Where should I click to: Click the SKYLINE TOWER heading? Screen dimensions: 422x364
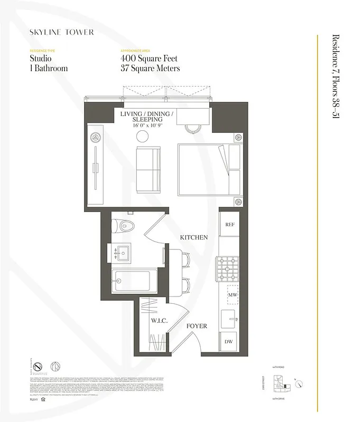pos(62,32)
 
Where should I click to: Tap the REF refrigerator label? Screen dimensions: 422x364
pos(230,224)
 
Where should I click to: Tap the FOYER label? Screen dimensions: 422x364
pos(197,326)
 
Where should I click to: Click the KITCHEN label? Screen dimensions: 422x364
pos(193,238)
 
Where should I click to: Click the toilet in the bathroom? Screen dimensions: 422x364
pos(124,226)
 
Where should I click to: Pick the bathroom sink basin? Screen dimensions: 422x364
pos(125,252)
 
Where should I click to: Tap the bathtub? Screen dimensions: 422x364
pos(135,281)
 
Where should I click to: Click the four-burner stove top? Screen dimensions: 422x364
pos(230,264)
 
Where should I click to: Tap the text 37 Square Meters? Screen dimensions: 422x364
pos(150,69)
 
